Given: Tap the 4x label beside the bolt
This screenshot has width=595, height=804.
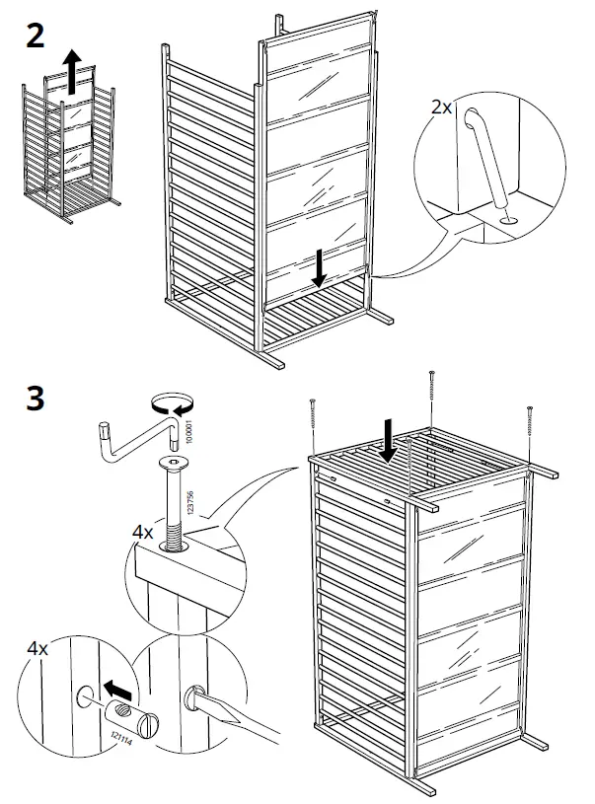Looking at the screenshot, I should (143, 532).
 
